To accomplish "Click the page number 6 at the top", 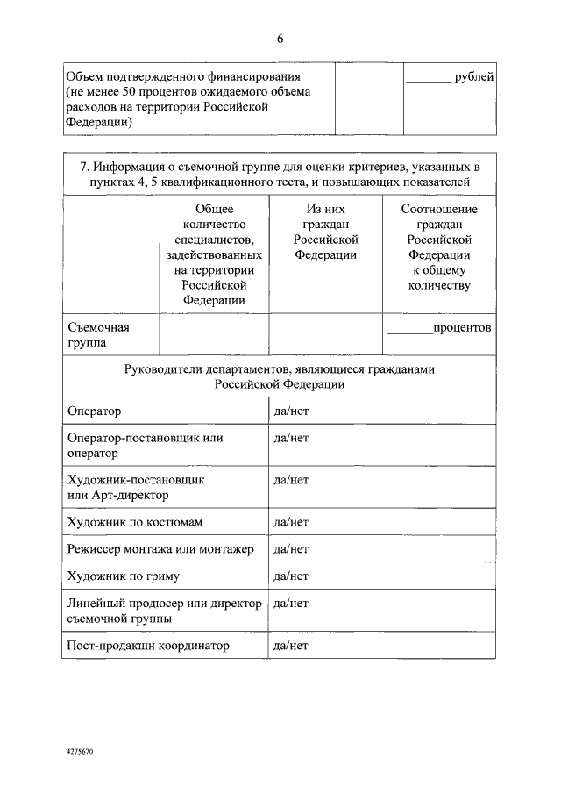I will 280,39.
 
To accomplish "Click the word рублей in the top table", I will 474,77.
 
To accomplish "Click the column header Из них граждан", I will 325,232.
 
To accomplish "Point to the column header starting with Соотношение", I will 438,247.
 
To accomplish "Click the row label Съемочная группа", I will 98,335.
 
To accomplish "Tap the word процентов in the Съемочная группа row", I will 462,328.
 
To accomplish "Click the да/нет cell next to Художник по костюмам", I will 291,522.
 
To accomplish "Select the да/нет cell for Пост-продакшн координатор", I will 291,646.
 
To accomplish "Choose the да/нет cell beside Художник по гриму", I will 291,576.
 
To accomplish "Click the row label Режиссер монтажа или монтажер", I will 160,549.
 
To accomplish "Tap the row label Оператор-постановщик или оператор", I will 145,446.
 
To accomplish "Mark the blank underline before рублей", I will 429,81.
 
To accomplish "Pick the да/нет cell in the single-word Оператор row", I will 291,411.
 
